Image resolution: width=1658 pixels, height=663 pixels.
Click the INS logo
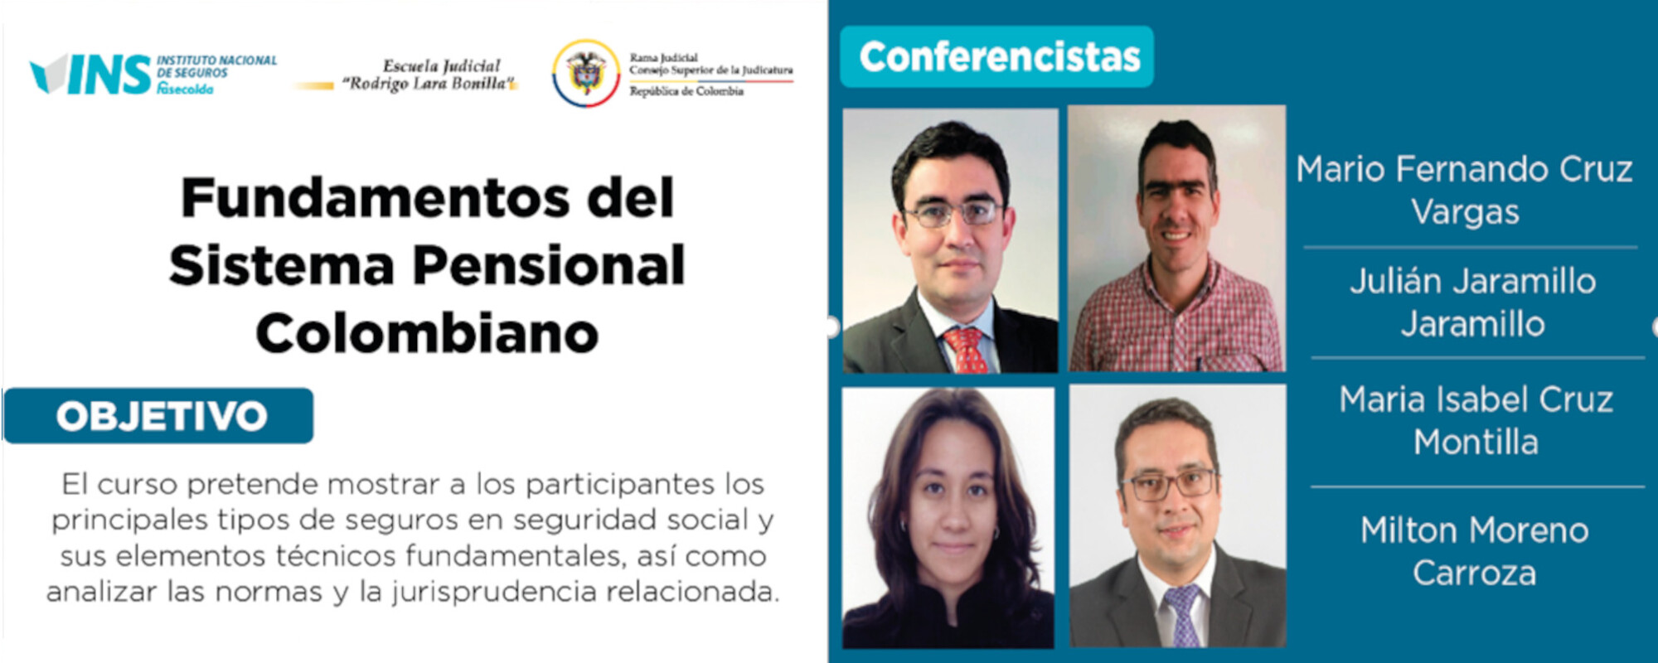pos(91,75)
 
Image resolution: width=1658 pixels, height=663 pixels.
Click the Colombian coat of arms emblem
pos(586,73)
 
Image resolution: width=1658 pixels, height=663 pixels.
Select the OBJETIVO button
pos(159,416)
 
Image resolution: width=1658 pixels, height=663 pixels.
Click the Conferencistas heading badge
pos(997,57)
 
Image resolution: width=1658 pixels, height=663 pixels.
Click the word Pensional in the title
pos(549,266)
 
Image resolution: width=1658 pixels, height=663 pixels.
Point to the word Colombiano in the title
pos(427,333)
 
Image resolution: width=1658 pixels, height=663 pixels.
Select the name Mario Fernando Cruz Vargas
pos(1465,191)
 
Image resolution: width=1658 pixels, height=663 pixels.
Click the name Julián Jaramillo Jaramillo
pos(1472,302)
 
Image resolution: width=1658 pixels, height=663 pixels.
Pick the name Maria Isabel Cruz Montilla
pos(1476,421)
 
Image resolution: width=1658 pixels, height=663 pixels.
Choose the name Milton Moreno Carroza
pos(1474,551)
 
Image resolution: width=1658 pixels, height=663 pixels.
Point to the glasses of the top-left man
pos(953,214)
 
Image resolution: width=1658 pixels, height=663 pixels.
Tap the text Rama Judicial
pos(663,58)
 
